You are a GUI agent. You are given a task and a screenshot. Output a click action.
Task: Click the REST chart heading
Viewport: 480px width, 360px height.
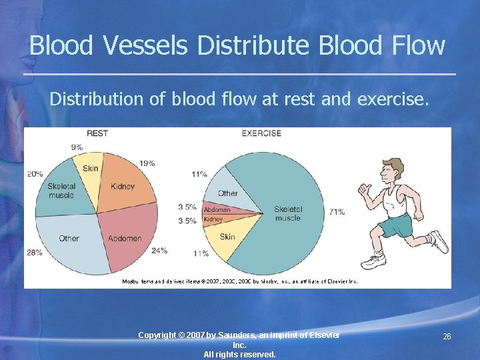pos(97,133)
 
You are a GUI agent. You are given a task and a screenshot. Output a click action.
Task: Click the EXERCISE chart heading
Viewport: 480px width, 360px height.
pos(262,133)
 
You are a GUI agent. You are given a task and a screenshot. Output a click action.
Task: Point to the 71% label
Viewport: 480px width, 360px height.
pos(337,212)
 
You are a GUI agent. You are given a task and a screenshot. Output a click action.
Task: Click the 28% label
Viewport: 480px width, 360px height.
pos(35,253)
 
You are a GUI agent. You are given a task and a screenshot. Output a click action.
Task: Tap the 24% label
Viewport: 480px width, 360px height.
pos(159,251)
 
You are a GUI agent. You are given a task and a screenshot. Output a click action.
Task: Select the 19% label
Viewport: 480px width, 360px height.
pos(147,163)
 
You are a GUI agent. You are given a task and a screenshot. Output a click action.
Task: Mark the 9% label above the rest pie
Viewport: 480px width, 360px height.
pos(76,147)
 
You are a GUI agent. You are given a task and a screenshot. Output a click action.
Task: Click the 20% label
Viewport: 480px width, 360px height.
pos(35,174)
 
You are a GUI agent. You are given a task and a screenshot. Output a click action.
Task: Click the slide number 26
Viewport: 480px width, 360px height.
pos(447,337)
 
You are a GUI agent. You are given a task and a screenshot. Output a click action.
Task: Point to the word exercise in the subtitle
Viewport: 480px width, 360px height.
pos(392,99)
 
